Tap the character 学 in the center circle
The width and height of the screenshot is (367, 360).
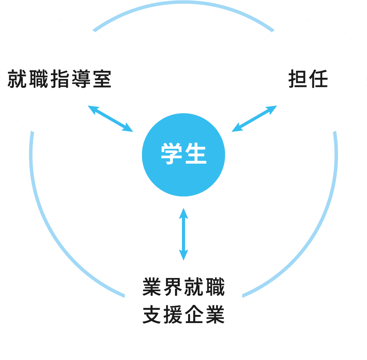(171, 155)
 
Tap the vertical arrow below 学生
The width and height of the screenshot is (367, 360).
(183, 234)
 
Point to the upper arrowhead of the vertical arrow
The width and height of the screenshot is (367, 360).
(183, 212)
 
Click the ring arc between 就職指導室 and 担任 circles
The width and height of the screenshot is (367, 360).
(184, 3)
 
